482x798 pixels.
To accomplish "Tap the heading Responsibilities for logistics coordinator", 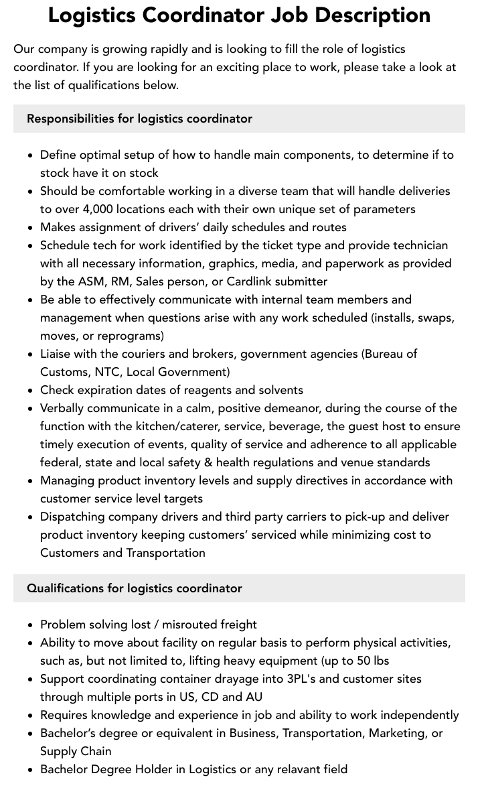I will tap(139, 119).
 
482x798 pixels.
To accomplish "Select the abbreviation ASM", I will tap(88, 281).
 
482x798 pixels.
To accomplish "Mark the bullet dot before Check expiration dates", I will tap(31, 391).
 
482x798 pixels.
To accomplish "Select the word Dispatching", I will tap(73, 517).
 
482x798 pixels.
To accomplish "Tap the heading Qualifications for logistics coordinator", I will tap(135, 588).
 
